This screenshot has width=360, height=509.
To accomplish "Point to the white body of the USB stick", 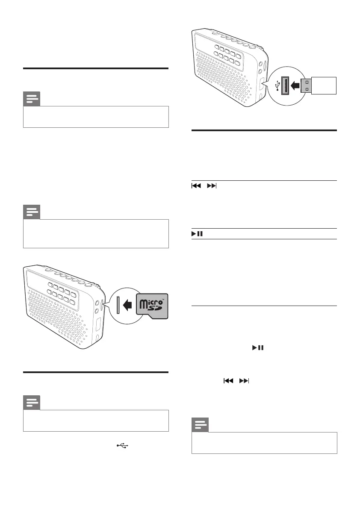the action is click(323, 85).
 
